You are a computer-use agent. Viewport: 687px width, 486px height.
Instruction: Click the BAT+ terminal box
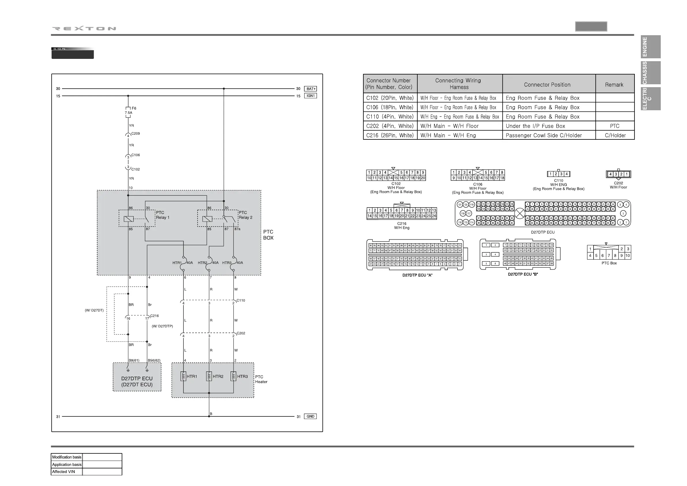pyautogui.click(x=311, y=89)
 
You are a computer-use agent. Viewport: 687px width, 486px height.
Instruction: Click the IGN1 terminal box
pyautogui.click(x=311, y=96)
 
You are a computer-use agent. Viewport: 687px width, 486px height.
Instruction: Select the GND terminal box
pyautogui.click(x=310, y=416)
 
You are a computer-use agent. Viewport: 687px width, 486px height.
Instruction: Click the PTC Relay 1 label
pyautogui.click(x=162, y=215)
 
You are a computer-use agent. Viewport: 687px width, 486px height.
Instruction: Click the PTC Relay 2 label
pyautogui.click(x=245, y=215)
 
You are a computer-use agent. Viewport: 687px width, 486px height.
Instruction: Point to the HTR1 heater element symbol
pyautogui.click(x=183, y=376)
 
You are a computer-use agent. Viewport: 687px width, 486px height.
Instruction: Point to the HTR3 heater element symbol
pyautogui.click(x=233, y=376)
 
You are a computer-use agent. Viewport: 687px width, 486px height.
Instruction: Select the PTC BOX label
pyautogui.click(x=268, y=235)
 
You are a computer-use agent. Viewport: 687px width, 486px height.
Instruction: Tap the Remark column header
pyautogui.click(x=614, y=85)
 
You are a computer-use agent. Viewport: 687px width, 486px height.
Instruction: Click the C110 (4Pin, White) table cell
pyautogui.click(x=390, y=117)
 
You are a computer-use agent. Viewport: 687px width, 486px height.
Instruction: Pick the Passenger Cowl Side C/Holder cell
pyautogui.click(x=543, y=135)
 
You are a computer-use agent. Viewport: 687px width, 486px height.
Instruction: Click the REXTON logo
pyautogui.click(x=84, y=29)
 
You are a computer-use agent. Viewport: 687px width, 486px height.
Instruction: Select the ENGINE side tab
pyautogui.click(x=650, y=47)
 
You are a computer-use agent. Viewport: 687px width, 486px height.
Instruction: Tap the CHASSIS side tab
pyautogui.click(x=650, y=73)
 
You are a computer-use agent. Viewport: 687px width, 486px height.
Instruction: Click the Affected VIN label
pyautogui.click(x=63, y=472)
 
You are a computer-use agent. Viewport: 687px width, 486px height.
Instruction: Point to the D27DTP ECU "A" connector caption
pyautogui.click(x=417, y=275)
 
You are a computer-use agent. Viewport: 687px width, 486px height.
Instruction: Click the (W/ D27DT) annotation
pyautogui.click(x=94, y=310)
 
